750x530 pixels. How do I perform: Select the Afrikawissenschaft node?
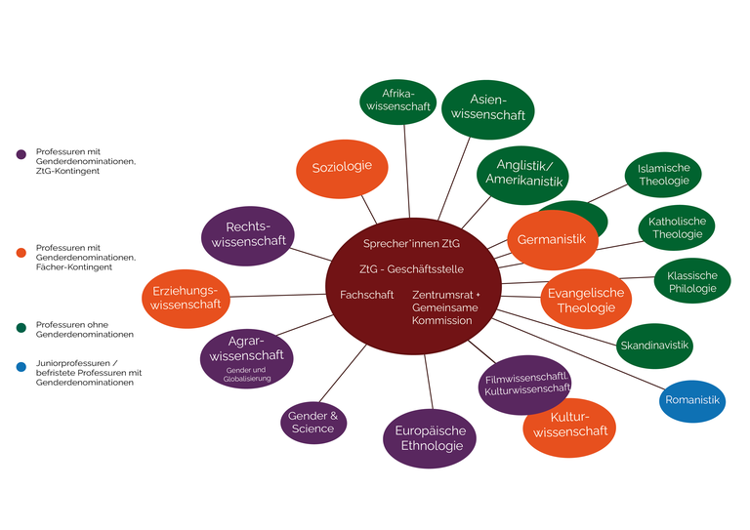(396, 100)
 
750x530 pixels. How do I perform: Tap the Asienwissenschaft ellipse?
(488, 107)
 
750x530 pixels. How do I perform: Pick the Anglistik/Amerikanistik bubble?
(523, 173)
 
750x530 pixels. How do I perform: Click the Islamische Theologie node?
(663, 174)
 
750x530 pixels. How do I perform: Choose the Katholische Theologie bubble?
(676, 227)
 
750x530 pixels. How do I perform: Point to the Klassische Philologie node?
(691, 282)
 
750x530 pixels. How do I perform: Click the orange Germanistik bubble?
(552, 240)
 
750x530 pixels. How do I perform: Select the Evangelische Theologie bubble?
(586, 300)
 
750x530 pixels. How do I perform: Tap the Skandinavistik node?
(654, 346)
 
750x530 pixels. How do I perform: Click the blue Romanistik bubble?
(691, 400)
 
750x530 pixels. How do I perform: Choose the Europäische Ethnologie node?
(430, 438)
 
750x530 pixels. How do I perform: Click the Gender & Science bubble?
(312, 422)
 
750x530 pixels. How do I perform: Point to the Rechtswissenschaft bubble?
(248, 235)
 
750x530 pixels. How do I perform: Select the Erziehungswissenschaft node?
(186, 297)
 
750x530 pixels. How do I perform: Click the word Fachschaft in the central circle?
(366, 295)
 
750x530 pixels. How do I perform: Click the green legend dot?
(21, 325)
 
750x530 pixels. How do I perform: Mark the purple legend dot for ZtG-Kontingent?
(21, 153)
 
